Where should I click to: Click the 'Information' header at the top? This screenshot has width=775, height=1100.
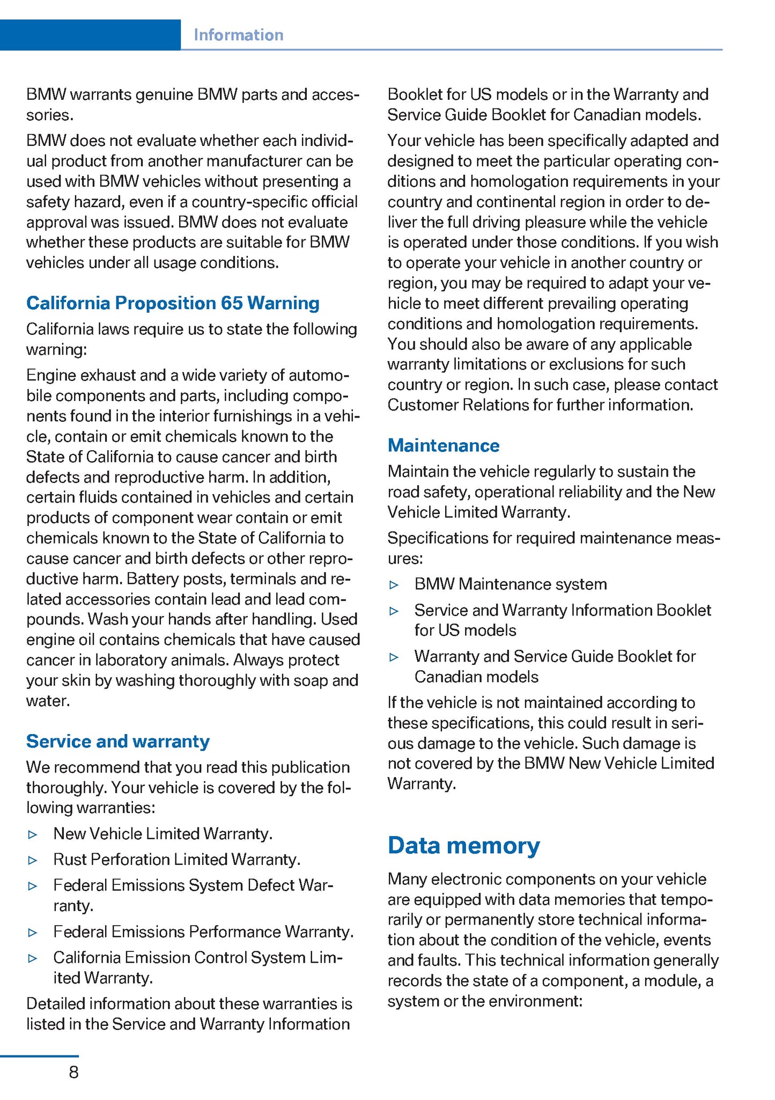click(238, 35)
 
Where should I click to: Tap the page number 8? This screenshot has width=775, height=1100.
click(73, 1072)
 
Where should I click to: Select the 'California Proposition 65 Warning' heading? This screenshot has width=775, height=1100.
click(173, 303)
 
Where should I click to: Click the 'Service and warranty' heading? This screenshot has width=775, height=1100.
click(118, 741)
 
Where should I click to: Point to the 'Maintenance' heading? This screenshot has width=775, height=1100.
click(444, 445)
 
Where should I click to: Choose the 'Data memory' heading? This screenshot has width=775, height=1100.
click(464, 845)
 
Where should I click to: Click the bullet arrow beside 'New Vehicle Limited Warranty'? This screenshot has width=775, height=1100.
click(33, 834)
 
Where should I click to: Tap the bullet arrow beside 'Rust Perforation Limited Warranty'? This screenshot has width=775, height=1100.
click(33, 860)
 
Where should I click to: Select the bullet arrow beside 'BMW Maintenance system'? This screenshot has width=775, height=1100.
click(394, 585)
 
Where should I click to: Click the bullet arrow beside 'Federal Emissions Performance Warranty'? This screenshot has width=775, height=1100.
click(33, 933)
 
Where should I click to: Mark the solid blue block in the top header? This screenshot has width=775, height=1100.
click(90, 35)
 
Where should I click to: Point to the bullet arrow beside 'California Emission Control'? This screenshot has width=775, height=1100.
click(33, 958)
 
